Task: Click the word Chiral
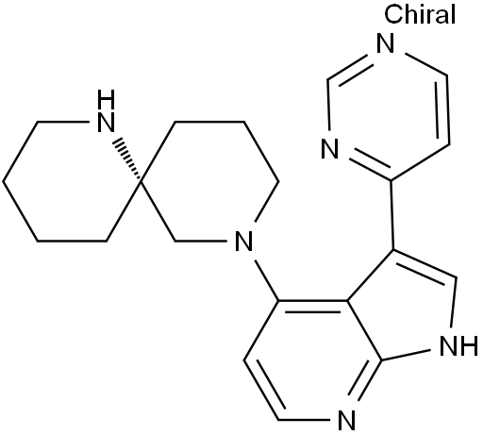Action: [x=420, y=14]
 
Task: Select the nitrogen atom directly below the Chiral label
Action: [x=386, y=43]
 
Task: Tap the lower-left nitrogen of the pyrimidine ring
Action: [x=330, y=148]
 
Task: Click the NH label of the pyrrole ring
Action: [x=458, y=345]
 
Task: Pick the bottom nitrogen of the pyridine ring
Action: [x=347, y=420]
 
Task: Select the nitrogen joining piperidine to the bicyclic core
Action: [x=244, y=242]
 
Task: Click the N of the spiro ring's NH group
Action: [x=107, y=123]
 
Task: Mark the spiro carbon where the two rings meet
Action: [x=141, y=181]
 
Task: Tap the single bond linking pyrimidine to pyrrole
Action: [x=392, y=215]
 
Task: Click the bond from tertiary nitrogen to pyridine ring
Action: [x=267, y=280]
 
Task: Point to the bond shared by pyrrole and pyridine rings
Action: [x=364, y=331]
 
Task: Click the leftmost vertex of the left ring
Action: [x=3, y=181]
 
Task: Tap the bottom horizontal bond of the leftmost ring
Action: [x=72, y=242]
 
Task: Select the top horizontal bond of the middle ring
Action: [x=209, y=122]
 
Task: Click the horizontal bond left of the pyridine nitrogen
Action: [x=305, y=420]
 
